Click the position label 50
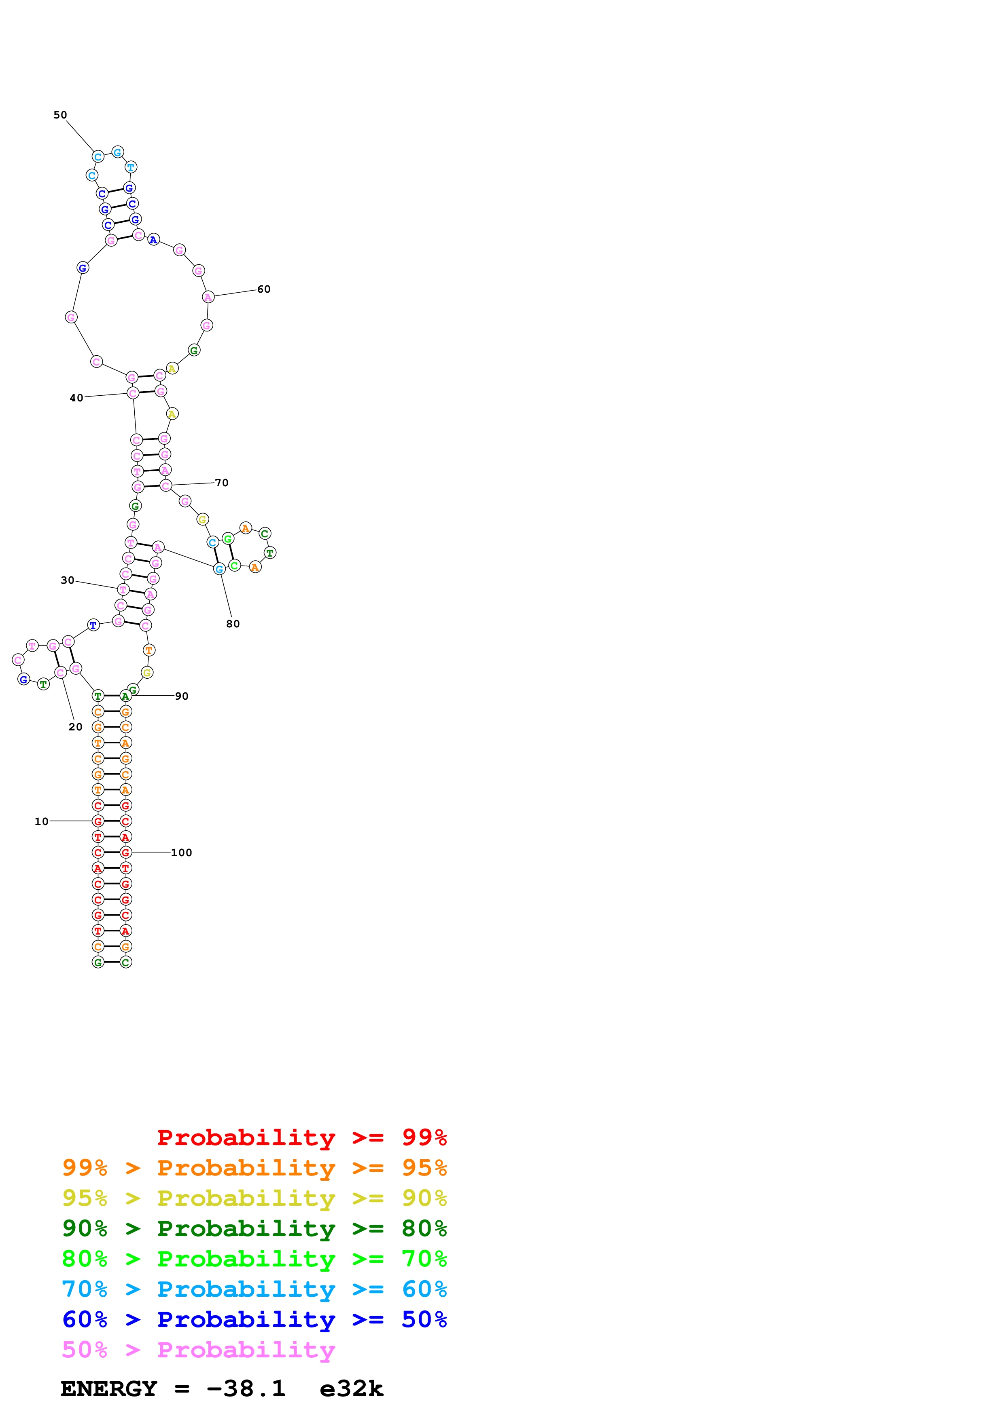60,115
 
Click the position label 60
264,289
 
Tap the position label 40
76,398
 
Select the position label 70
222,482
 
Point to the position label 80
233,624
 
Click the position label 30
67,580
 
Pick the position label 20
75,727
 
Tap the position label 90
182,696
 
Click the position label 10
41,821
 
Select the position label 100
182,852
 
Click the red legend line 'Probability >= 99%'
301,1137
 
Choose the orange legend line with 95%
254,1168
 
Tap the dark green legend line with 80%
254,1228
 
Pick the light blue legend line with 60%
254,1289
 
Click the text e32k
352,1388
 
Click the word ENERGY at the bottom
109,1388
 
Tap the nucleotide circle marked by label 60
208,297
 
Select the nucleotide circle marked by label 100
125,852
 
